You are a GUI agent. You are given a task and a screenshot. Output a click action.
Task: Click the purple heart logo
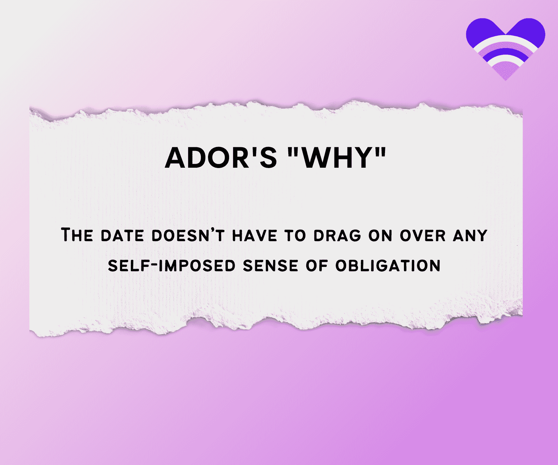(505, 46)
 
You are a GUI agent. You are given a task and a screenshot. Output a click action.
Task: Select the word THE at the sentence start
(77, 235)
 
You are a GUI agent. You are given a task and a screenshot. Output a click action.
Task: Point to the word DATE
(122, 235)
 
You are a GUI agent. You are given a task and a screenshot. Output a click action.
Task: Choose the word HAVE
(255, 235)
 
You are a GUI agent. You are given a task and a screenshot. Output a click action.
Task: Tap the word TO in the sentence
(295, 235)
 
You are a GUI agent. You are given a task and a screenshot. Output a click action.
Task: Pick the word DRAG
(338, 235)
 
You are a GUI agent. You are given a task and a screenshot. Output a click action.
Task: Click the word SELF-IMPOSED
(172, 266)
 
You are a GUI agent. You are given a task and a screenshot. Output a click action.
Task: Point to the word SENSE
(271, 266)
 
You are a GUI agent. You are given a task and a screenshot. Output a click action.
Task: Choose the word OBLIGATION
(388, 266)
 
